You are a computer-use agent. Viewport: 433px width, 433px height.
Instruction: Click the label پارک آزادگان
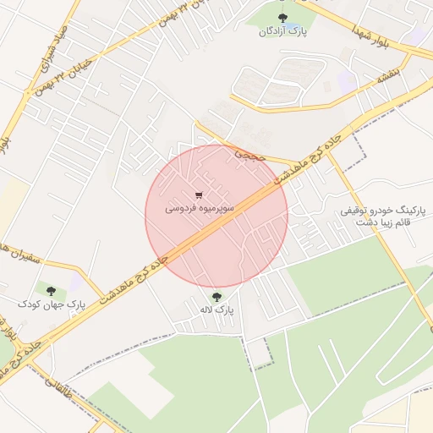point(281,31)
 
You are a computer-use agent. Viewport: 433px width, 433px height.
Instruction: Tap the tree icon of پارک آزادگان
point(282,17)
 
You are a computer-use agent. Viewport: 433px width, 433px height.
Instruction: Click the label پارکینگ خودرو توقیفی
point(386,208)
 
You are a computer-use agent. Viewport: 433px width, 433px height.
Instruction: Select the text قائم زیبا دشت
point(386,222)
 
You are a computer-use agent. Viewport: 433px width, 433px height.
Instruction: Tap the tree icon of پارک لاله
point(217,296)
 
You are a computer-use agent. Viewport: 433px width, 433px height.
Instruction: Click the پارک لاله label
point(216,310)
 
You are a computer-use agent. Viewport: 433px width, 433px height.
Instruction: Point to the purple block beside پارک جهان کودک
point(76,282)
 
